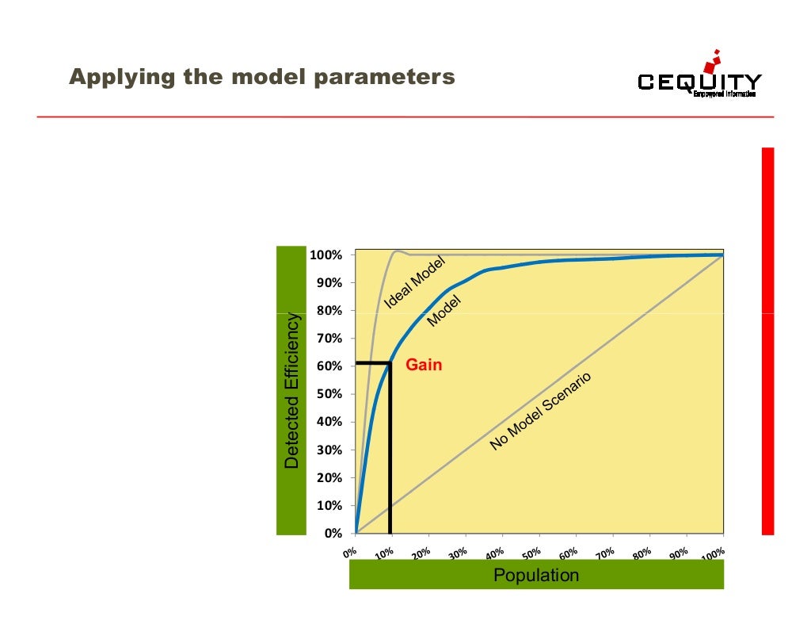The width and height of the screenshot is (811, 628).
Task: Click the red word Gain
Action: (424, 366)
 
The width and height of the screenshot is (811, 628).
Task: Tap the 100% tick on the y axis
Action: (326, 255)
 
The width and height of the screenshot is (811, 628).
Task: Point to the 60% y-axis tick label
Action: (329, 366)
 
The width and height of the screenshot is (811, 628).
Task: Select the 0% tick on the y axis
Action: (333, 534)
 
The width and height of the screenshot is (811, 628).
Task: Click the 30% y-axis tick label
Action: (329, 450)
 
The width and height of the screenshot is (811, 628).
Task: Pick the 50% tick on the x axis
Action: (532, 552)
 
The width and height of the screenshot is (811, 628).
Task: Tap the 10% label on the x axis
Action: (385, 552)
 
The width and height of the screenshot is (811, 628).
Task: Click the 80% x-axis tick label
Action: (642, 552)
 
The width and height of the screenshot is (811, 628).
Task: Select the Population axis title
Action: (536, 575)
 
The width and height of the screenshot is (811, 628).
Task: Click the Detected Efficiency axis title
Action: (292, 390)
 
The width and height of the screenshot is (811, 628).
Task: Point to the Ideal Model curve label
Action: (417, 282)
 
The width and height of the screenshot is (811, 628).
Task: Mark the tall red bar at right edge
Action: (767, 341)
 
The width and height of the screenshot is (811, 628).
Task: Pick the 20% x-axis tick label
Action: (422, 552)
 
